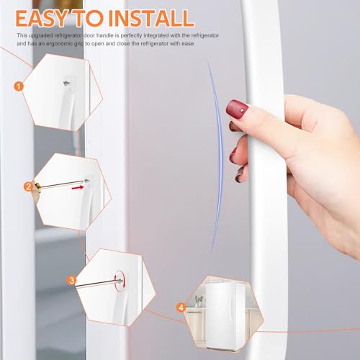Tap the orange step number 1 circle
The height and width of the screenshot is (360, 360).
click(x=19, y=86)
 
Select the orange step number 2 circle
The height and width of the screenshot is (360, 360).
click(x=29, y=186)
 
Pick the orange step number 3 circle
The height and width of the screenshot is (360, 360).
click(x=71, y=280)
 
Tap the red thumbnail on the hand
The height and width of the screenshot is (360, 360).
click(x=238, y=109)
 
